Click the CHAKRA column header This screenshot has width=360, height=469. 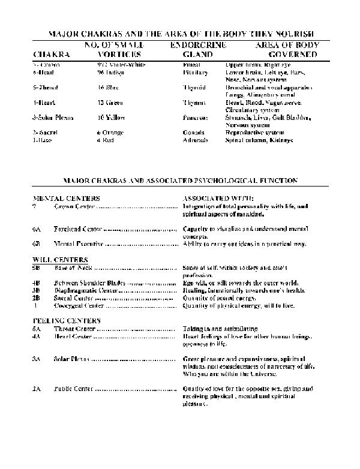point(52,55)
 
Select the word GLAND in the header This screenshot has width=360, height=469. point(197,55)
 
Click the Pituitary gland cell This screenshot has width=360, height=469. point(194,71)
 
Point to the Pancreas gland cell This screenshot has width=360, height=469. point(195,118)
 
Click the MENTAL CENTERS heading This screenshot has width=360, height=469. point(66,198)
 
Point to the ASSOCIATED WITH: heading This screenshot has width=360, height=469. point(218,198)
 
